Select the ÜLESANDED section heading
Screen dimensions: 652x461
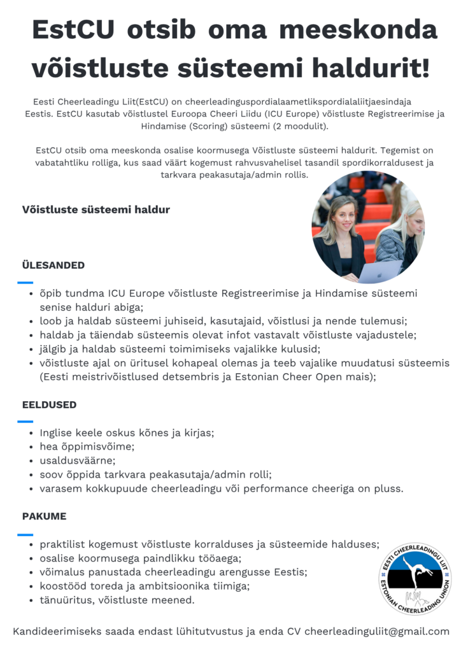(x=53, y=265)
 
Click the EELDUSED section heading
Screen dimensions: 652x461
(x=49, y=404)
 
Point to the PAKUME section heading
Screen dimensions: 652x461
(x=44, y=516)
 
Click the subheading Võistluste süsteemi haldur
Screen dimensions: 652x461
(x=96, y=209)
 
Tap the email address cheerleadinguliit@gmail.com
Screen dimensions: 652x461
(x=377, y=632)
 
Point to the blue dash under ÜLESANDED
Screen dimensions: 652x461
(x=25, y=282)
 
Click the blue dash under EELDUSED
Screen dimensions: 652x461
(x=25, y=422)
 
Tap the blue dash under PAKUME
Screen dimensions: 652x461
(x=25, y=534)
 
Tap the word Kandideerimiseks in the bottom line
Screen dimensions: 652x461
(x=56, y=632)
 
